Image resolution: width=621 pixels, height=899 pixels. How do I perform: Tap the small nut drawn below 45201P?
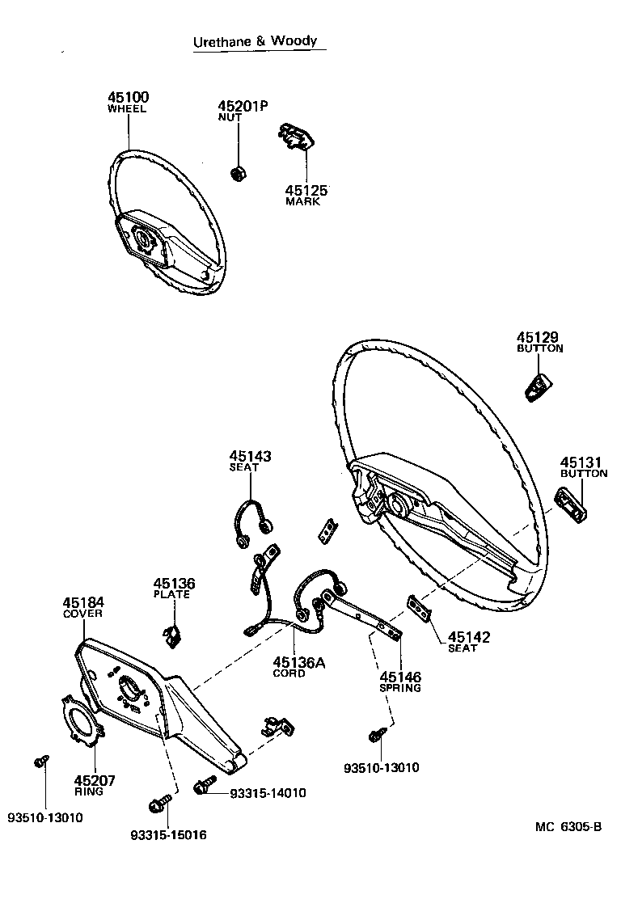tap(239, 172)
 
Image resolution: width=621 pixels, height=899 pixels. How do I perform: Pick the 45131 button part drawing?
tap(572, 508)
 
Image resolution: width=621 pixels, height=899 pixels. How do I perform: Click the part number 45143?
tap(249, 456)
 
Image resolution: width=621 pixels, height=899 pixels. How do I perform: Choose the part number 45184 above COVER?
tap(83, 602)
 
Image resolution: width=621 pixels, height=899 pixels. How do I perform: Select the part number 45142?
tap(469, 637)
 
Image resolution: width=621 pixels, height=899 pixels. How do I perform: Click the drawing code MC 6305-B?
tap(568, 826)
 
